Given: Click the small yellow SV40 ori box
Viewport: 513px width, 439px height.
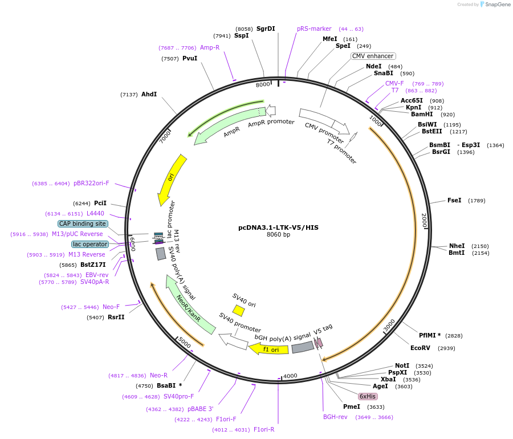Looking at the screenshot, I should [238, 310].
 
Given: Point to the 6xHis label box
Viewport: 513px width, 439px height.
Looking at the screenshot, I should [368, 396].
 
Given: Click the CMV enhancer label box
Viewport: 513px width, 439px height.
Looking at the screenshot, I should [373, 56].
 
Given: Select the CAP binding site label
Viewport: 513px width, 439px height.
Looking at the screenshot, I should [83, 223].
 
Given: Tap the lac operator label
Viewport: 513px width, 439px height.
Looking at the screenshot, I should [90, 244].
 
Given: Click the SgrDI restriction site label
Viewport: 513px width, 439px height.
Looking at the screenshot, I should [266, 29].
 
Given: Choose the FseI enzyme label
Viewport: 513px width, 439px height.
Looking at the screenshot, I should [454, 200].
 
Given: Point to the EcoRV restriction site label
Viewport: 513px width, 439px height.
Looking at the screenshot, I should [420, 348].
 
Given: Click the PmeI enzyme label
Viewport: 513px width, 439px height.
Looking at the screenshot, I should [351, 407].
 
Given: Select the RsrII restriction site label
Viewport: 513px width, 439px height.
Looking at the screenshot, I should [116, 317].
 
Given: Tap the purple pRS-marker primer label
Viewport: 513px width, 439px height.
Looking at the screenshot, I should [314, 29].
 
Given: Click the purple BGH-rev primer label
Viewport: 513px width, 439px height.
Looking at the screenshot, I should [335, 417].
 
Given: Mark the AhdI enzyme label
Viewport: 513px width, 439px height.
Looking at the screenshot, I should [149, 94].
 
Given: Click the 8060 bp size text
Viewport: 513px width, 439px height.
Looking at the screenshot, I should [278, 234].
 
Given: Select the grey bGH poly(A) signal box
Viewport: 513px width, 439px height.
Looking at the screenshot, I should [303, 347].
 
